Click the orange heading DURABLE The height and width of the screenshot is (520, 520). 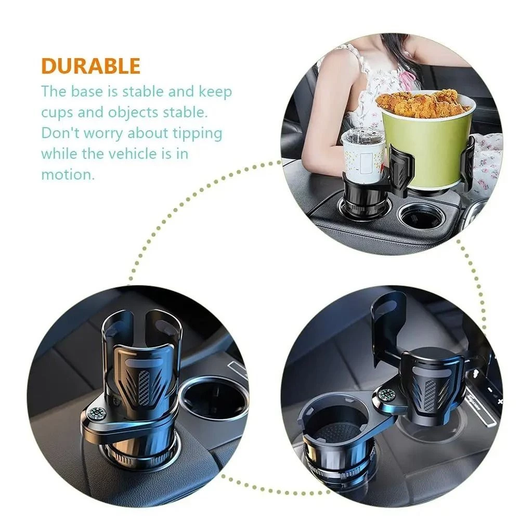(90, 66)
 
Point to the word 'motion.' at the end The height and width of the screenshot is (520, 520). (68, 174)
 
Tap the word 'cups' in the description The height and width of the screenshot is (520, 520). (57, 113)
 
